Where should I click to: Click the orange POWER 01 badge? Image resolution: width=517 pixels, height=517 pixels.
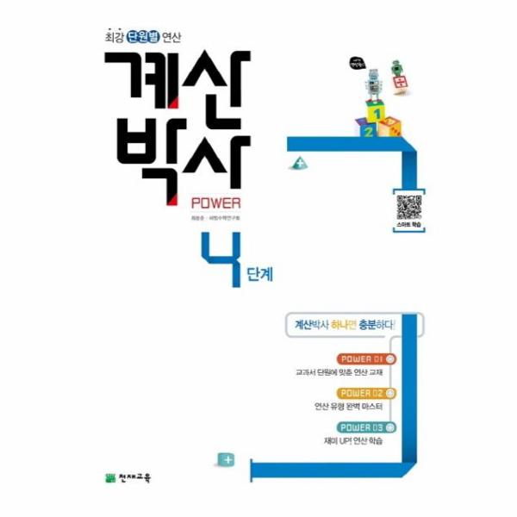point(367,358)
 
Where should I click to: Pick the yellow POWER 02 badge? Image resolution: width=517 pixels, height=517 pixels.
point(367,393)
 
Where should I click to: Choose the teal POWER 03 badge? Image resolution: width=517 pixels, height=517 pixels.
point(367,427)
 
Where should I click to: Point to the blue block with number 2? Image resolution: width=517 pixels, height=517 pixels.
point(365,131)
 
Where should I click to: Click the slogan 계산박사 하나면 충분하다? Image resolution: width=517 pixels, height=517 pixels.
point(344,327)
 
